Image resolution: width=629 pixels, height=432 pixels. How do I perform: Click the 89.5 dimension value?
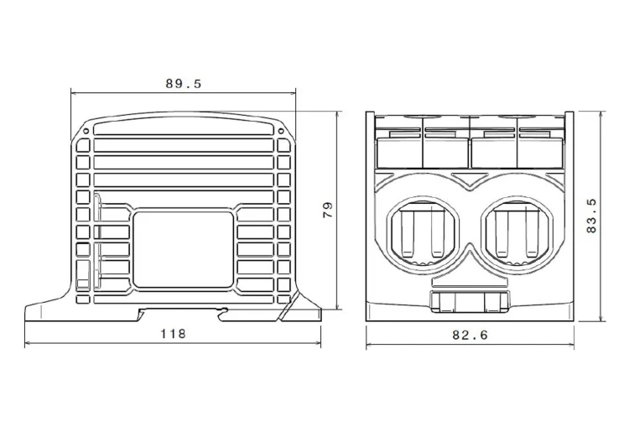[x=184, y=84]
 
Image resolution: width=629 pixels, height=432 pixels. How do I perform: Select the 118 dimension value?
[x=174, y=334]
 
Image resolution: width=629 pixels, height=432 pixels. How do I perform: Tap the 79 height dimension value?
[x=328, y=210]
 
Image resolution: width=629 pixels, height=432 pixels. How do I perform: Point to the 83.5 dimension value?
[x=592, y=216]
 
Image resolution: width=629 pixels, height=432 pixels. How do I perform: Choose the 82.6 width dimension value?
[x=470, y=335]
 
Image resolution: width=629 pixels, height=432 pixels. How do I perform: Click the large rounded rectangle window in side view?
[x=183, y=250]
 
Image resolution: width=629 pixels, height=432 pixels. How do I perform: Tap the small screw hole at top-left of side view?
[x=86, y=131]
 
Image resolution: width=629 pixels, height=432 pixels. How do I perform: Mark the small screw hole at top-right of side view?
[x=281, y=131]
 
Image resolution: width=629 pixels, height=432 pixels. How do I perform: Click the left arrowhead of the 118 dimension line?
[x=28, y=343]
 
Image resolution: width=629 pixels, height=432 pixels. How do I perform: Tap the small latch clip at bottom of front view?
[x=470, y=302]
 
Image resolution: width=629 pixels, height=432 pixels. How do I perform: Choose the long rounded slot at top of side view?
[x=184, y=128]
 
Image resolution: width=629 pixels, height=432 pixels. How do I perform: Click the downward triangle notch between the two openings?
[x=470, y=180]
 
